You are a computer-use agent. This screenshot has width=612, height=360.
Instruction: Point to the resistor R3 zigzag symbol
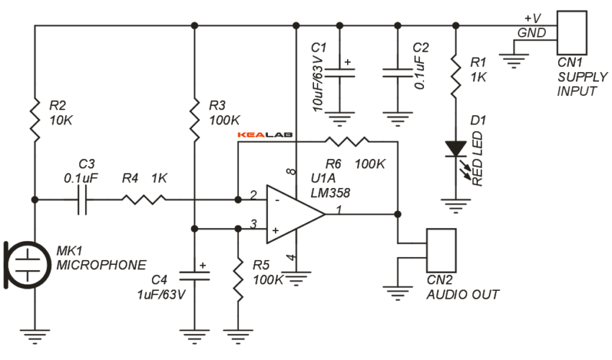194,119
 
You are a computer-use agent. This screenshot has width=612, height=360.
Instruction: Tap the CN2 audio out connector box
441,249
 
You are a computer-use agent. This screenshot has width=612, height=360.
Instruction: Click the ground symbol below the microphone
35,333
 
